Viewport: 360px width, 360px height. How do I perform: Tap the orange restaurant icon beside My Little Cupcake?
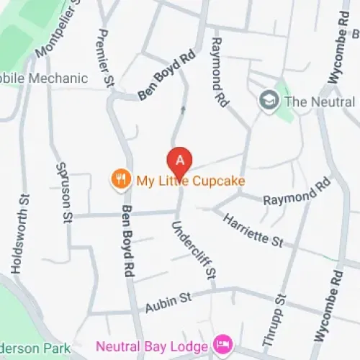tap(120, 180)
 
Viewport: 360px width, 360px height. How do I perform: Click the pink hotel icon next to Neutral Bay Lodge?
tap(224, 343)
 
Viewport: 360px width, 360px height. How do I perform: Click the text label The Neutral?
tap(320, 101)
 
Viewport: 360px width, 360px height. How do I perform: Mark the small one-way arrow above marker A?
tap(182, 110)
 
